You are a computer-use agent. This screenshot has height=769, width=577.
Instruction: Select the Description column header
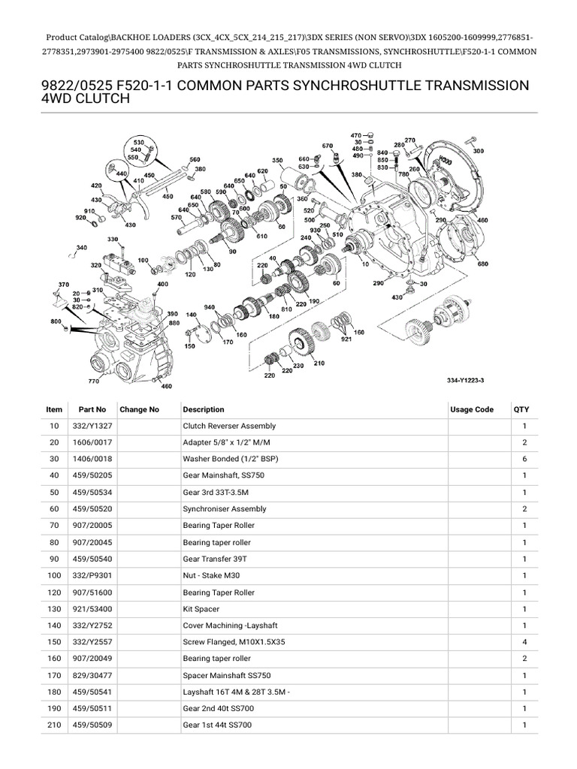[x=204, y=409]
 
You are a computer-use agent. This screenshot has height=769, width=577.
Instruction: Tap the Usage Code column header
[x=472, y=409]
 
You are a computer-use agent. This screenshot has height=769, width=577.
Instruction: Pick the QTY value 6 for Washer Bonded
[x=524, y=460]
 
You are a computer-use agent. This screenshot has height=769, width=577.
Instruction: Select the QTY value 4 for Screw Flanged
[x=524, y=642]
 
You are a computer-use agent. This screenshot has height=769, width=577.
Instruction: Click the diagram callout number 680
[x=482, y=264]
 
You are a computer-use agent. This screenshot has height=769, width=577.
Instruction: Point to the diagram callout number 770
[x=93, y=381]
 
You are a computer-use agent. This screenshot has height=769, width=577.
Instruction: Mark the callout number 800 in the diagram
[x=56, y=321]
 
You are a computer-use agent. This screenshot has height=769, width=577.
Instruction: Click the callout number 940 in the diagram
[x=209, y=307]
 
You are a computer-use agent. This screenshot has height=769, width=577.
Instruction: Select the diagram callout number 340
[x=81, y=248]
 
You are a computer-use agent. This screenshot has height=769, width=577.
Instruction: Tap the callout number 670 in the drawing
[x=328, y=145]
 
